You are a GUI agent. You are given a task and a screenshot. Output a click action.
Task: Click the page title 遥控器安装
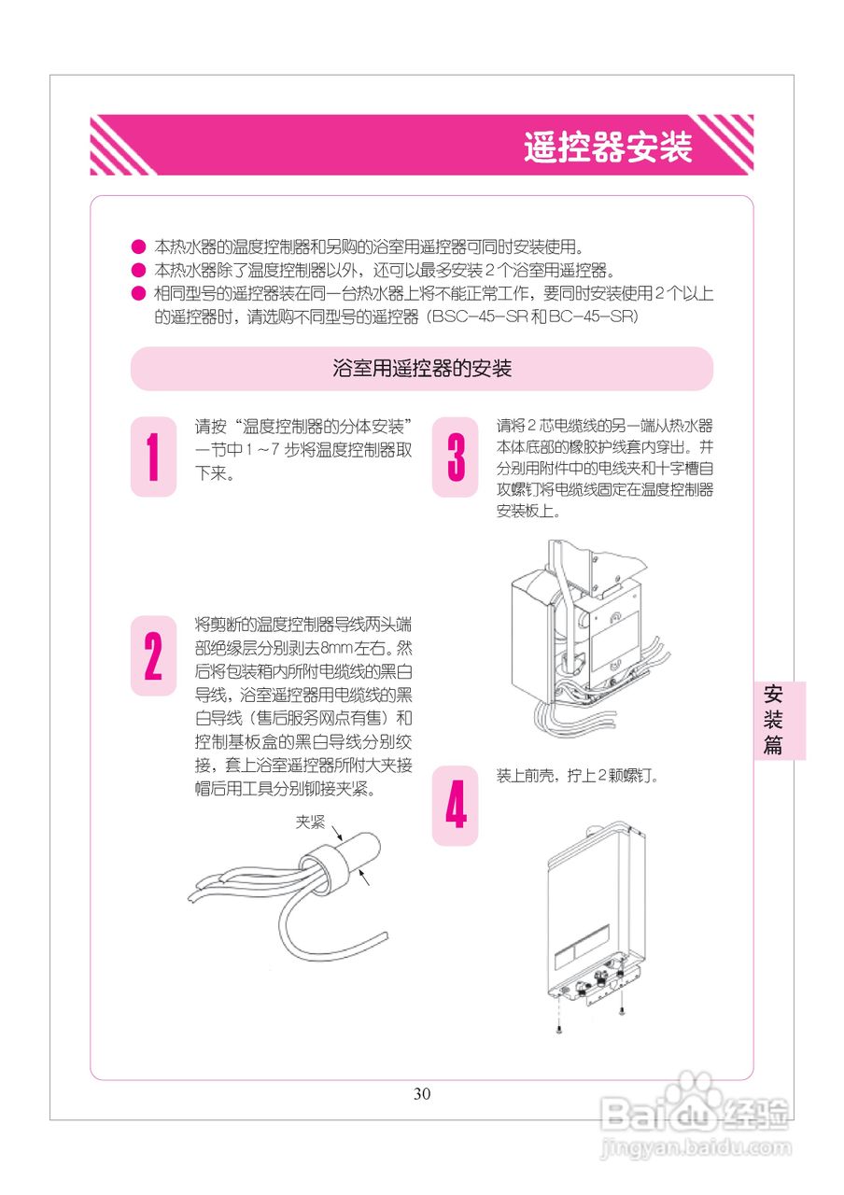607,148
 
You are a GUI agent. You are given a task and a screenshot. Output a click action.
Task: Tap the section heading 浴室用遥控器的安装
422,369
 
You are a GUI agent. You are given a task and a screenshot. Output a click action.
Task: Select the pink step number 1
153,457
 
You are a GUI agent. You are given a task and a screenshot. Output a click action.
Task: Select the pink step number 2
153,655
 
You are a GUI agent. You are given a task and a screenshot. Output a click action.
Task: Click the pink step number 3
456,457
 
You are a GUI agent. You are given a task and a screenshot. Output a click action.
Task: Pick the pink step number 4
456,806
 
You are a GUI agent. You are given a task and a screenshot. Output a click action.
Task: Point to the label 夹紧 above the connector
310,822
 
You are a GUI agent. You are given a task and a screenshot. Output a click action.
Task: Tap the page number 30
422,1094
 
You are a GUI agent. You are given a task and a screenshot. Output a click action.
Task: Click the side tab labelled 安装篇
773,720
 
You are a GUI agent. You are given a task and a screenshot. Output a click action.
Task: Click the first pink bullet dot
137,248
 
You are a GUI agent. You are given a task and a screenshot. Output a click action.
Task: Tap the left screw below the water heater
558,1029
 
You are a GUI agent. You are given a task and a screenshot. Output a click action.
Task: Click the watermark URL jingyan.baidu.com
696,1146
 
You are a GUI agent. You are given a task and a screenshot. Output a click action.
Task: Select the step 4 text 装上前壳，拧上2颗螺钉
578,776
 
